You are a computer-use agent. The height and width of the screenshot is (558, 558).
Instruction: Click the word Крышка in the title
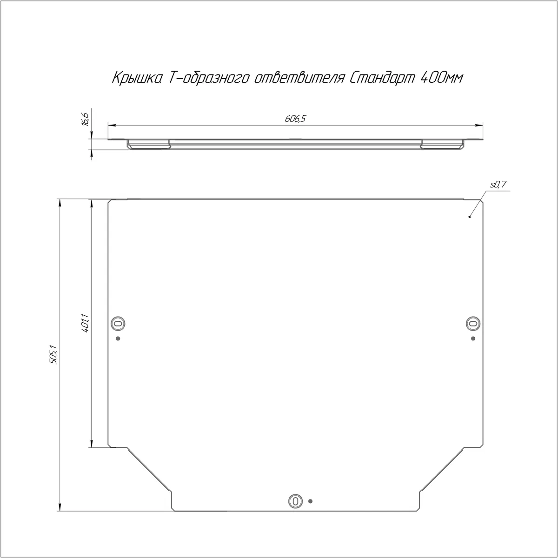point(137,78)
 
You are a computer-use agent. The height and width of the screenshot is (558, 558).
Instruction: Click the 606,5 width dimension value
point(295,119)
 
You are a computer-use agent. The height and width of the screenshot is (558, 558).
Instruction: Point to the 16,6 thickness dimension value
point(86,120)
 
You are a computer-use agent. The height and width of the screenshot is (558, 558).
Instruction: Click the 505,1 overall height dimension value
point(53,354)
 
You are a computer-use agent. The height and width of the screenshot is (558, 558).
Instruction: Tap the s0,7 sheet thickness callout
point(498,185)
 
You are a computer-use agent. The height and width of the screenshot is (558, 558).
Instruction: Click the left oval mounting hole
point(118,323)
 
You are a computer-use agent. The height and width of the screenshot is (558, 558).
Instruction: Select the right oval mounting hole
point(473,323)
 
